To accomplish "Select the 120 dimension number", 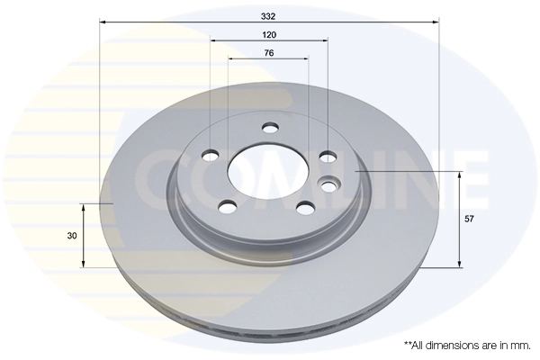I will pyautogui.click(x=269, y=33).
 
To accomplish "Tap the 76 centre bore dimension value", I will pyautogui.click(x=269, y=53).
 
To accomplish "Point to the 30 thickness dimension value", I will pyautogui.click(x=71, y=235).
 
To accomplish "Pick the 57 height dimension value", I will pyautogui.click(x=470, y=219).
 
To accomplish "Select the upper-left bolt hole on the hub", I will pyautogui.click(x=210, y=155).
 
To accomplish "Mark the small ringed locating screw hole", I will pyautogui.click(x=329, y=186).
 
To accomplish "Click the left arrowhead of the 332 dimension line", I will pyautogui.click(x=103, y=20).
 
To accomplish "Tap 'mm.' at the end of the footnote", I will pyautogui.click(x=520, y=345).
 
